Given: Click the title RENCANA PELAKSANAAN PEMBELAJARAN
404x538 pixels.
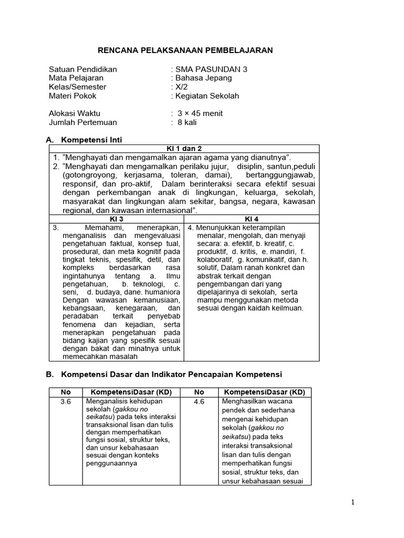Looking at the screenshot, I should pyautogui.click(x=186, y=50).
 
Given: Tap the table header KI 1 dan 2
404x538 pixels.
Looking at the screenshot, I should pyautogui.click(x=184, y=149).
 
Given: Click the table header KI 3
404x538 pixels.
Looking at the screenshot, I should pyautogui.click(x=116, y=219).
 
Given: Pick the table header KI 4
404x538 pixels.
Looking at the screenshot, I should pyautogui.click(x=252, y=219).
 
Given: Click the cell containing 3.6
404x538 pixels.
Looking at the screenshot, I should pyautogui.click(x=65, y=401).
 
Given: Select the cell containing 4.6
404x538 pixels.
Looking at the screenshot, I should pyautogui.click(x=199, y=401).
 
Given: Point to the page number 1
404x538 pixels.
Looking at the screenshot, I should pyautogui.click(x=353, y=502).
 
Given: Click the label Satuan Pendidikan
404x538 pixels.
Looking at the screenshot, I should pyautogui.click(x=83, y=69).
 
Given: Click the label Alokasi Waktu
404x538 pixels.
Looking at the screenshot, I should pyautogui.click(x=74, y=113).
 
